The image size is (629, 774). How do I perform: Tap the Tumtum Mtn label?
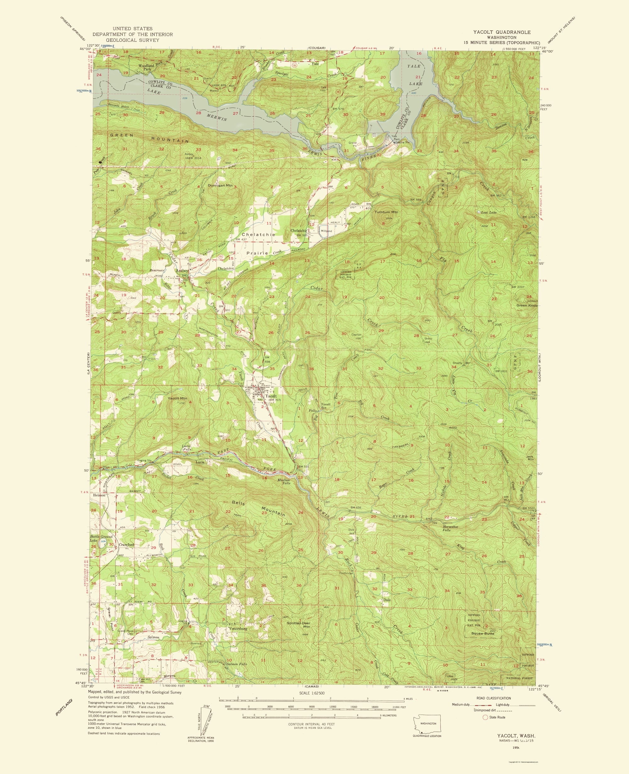[x=386, y=212]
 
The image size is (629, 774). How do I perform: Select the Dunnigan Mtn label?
[x=220, y=185]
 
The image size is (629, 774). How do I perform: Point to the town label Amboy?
[x=182, y=271]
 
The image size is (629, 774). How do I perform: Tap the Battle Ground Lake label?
[x=96, y=538]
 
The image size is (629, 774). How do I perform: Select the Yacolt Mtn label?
[x=177, y=398]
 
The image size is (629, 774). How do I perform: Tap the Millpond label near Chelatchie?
[x=326, y=231]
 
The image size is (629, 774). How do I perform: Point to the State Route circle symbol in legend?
[x=484, y=717]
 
